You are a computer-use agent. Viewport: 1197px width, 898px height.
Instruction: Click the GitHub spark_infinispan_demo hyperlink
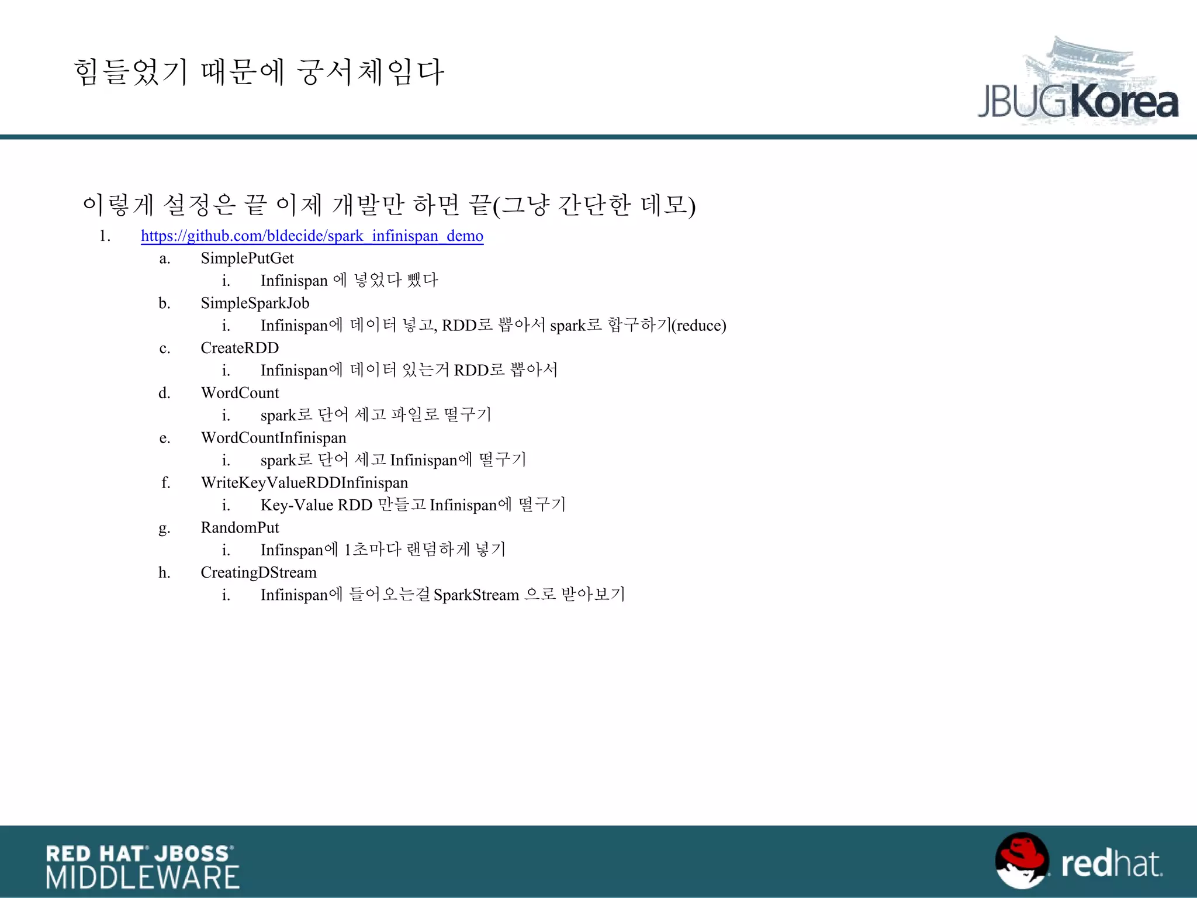(312, 236)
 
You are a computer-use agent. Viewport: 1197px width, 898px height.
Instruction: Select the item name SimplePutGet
(247, 258)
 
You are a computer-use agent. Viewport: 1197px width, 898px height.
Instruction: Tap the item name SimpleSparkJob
(255, 303)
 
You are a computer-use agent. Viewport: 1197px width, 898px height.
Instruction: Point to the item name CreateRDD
(240, 348)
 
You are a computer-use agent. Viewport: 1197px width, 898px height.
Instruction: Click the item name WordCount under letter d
(240, 393)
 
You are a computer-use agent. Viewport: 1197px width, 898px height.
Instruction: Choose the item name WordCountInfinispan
(274, 438)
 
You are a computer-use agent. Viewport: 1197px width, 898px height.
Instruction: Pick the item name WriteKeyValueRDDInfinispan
(305, 482)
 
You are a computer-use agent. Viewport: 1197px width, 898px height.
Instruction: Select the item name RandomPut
(240, 527)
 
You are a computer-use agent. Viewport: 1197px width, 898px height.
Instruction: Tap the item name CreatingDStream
(258, 572)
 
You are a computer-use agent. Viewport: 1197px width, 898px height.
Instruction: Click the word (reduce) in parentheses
(699, 326)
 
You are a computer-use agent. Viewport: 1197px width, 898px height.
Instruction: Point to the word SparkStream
(476, 595)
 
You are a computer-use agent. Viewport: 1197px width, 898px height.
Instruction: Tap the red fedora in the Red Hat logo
(1023, 854)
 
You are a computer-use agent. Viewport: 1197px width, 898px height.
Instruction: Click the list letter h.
(164, 572)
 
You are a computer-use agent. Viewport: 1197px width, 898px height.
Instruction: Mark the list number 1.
(105, 236)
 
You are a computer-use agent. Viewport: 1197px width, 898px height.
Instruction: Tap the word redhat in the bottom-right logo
(1111, 864)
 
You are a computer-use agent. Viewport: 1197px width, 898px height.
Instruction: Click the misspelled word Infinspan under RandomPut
(292, 550)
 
